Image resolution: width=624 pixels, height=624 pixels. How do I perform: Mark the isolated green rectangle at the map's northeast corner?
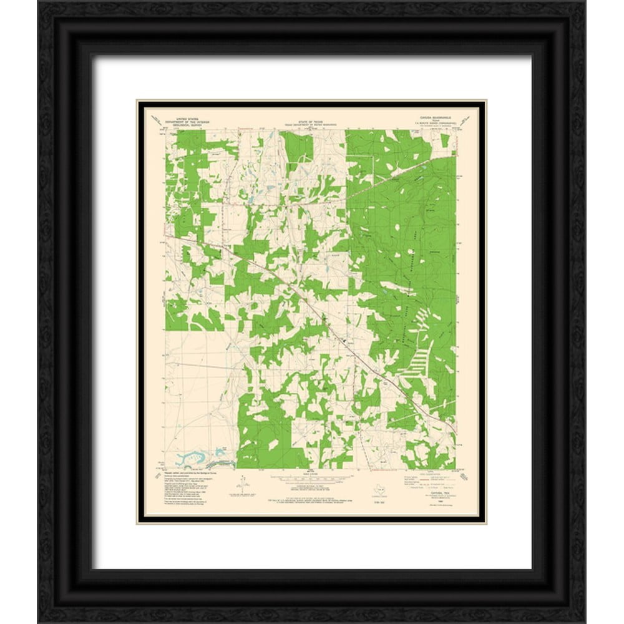445,141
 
